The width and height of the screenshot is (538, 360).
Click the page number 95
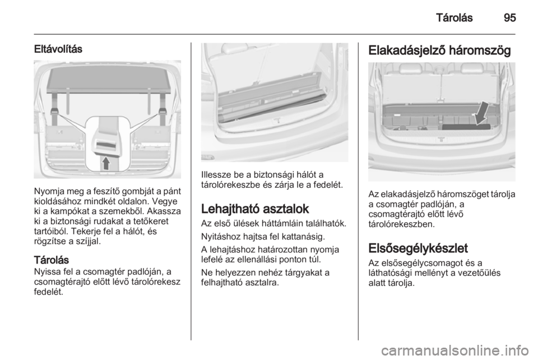(x=509, y=17)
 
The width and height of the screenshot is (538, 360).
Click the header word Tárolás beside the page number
(x=454, y=17)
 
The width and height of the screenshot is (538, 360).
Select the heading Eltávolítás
(x=58, y=49)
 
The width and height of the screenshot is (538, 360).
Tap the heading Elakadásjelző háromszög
(x=439, y=50)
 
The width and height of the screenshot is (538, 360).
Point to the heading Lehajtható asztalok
(x=255, y=209)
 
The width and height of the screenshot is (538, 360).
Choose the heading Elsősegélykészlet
(x=418, y=248)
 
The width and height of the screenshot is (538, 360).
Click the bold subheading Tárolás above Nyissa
(x=51, y=260)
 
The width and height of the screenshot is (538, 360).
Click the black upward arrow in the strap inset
(x=106, y=163)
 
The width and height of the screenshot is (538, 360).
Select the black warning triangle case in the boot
(x=466, y=127)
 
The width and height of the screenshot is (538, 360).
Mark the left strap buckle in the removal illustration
(x=54, y=111)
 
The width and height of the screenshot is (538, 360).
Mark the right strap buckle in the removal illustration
(x=163, y=111)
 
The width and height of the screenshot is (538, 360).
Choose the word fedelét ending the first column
(x=49, y=292)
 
